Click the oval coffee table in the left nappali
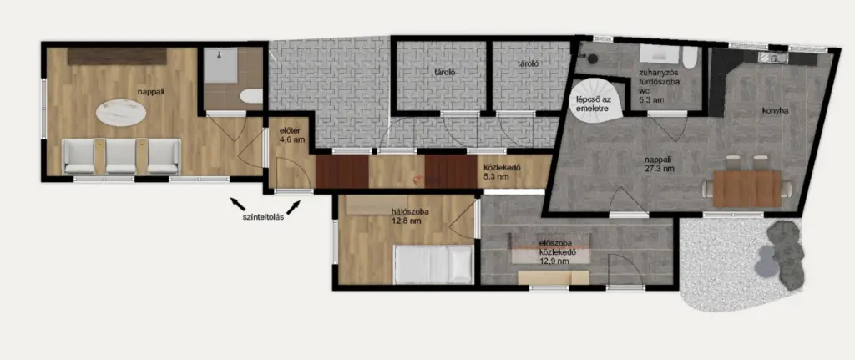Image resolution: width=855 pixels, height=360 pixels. click(x=120, y=114)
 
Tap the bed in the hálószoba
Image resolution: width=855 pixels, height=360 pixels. click(x=433, y=265)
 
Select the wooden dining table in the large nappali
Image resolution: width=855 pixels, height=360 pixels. click(x=747, y=189)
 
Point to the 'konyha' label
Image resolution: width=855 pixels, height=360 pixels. click(x=776, y=110)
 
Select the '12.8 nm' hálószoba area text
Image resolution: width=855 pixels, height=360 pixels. click(x=407, y=221)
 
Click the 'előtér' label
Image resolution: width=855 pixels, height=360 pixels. click(x=287, y=130)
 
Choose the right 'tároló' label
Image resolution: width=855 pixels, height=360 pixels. click(x=529, y=63)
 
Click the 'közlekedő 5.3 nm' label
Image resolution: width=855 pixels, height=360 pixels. click(x=496, y=172)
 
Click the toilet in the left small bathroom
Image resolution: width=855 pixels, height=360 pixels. click(x=250, y=96)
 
